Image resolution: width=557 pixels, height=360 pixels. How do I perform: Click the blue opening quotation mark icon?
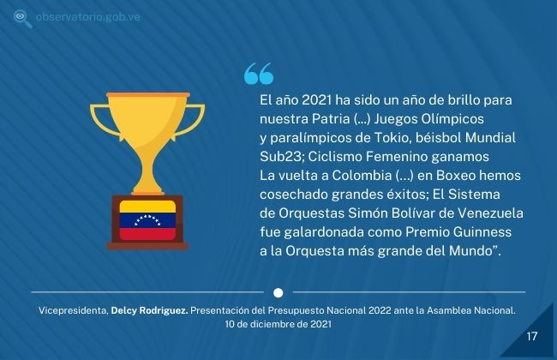(x=259, y=74)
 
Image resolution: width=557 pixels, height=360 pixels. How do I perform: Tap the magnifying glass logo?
(x=22, y=19)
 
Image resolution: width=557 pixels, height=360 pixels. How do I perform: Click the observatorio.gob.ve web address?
(x=87, y=17)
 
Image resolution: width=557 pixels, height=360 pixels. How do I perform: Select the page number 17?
(x=532, y=336)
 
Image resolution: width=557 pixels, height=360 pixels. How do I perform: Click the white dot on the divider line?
(x=278, y=292)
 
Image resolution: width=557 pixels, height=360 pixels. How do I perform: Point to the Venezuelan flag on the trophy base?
(x=147, y=220)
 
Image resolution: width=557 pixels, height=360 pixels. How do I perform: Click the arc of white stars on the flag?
(x=147, y=220)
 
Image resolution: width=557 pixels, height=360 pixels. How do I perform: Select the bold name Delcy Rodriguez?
(x=150, y=310)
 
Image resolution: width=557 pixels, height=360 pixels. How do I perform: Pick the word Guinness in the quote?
(x=482, y=232)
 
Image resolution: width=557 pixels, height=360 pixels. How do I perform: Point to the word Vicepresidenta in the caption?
(x=74, y=310)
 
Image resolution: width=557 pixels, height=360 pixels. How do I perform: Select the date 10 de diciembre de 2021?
(x=278, y=324)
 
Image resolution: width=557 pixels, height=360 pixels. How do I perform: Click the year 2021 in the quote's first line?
(x=317, y=100)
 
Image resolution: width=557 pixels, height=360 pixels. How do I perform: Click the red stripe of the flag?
(x=147, y=234)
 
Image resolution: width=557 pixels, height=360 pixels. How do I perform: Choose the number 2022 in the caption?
(x=380, y=310)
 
